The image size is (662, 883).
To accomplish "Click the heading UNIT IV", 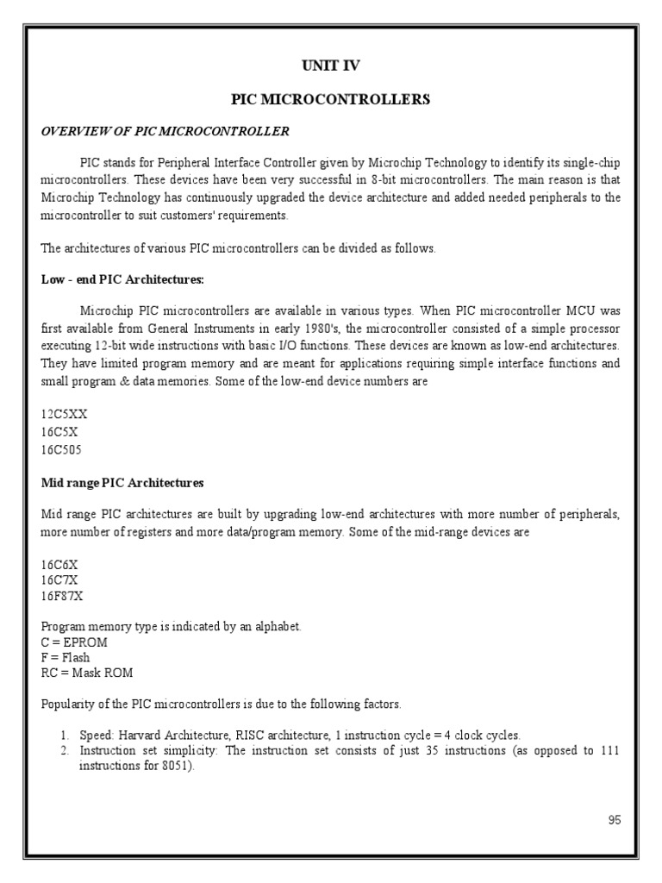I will click(330, 65).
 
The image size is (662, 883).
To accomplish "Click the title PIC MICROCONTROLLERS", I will click(330, 100).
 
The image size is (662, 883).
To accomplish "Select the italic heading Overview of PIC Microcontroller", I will click(165, 131).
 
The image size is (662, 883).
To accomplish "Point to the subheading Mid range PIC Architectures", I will click(122, 483).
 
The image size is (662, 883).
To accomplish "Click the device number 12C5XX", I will click(64, 414).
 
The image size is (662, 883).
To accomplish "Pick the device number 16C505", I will click(62, 449).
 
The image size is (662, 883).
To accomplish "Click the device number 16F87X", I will click(63, 597).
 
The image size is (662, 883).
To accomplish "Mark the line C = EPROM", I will click(74, 642).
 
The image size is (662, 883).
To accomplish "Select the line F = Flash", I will click(66, 658).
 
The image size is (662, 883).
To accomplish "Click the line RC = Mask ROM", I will click(87, 673).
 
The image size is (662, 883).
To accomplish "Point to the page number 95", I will click(614, 820).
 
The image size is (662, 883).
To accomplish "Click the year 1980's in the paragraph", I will click(314, 329).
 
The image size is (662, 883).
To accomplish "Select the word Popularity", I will click(69, 705).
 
